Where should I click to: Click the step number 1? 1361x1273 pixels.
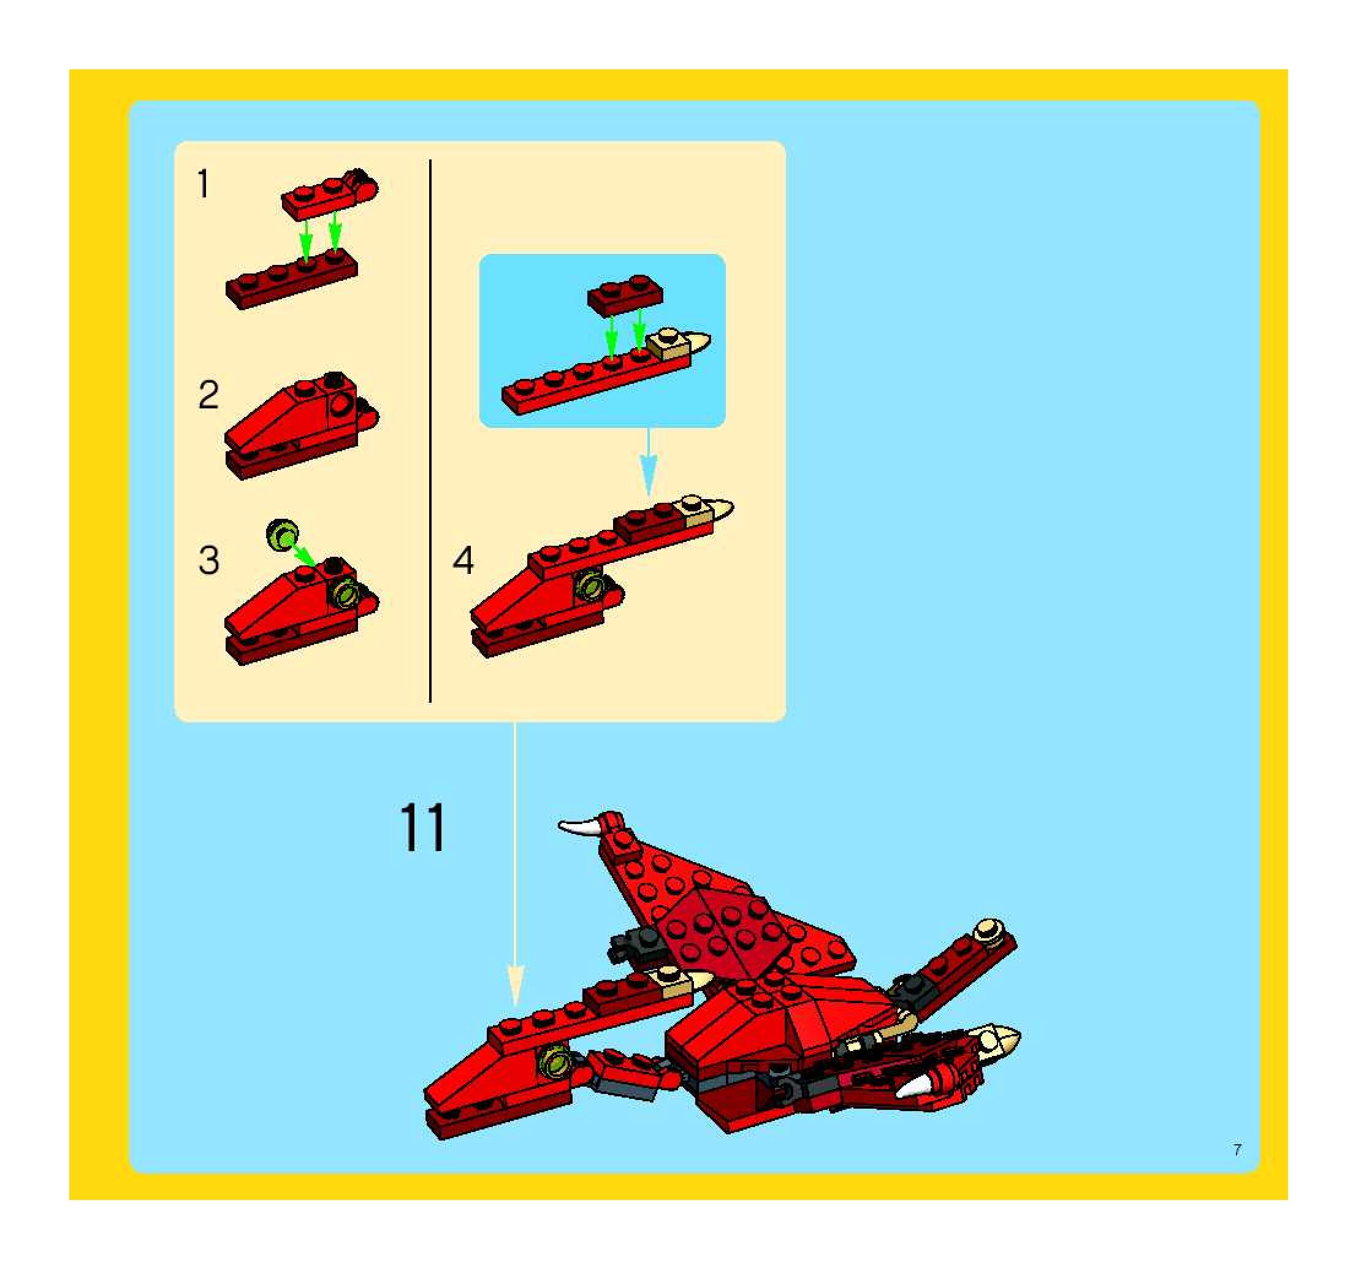coord(203,183)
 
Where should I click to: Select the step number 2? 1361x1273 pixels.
coord(209,395)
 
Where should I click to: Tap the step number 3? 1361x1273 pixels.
coord(209,560)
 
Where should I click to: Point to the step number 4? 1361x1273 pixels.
coord(463,560)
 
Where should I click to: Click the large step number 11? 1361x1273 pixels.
coord(422,827)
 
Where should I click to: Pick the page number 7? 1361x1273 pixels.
coord(1237,1150)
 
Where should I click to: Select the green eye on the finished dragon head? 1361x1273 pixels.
coord(554,1061)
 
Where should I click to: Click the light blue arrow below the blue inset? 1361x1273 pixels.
coord(649,462)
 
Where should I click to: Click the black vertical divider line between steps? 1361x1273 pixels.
coord(430,430)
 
